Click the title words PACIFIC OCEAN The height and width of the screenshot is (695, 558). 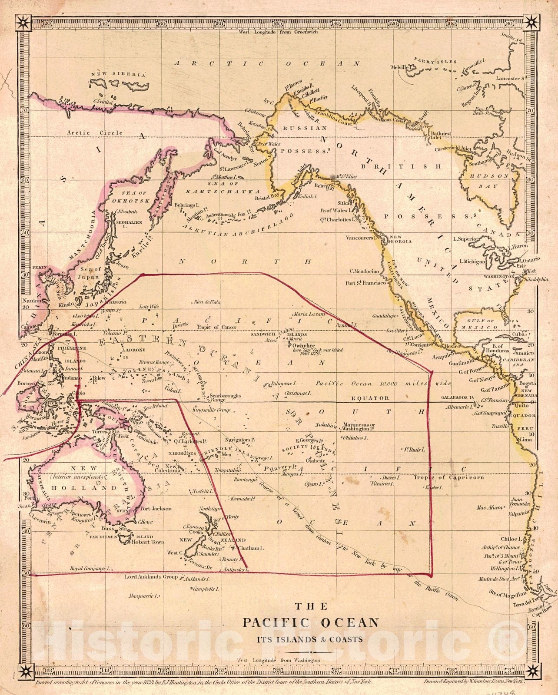tap(310, 623)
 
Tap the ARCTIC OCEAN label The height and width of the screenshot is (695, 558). tap(267, 63)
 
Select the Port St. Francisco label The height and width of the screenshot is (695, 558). tap(365, 283)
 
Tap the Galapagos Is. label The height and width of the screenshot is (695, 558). tap(457, 397)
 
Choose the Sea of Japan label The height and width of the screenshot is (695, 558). tap(90, 272)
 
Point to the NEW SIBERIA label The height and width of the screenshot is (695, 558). tap(118, 75)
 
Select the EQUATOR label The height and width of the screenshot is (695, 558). tap(370, 398)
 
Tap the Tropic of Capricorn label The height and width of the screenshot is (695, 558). tap(448, 477)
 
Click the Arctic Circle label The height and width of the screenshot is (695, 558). tap(95, 133)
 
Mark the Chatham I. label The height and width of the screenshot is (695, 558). tap(249, 548)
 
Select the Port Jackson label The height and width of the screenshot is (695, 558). tap(156, 509)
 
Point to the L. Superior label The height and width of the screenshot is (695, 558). tap(466, 239)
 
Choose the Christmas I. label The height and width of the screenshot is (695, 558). tap(296, 393)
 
